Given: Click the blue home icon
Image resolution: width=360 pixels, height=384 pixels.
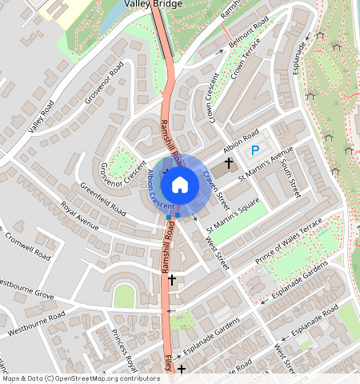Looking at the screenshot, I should pos(180,185).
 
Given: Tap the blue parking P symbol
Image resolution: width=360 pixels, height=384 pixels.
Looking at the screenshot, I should pos(255,150).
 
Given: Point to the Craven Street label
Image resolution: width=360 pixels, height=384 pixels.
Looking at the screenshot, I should pos(216,190).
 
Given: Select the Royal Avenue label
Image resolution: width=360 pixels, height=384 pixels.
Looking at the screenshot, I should pos(79,220).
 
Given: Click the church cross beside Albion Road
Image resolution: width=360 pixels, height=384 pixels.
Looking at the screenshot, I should pos(228,162).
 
